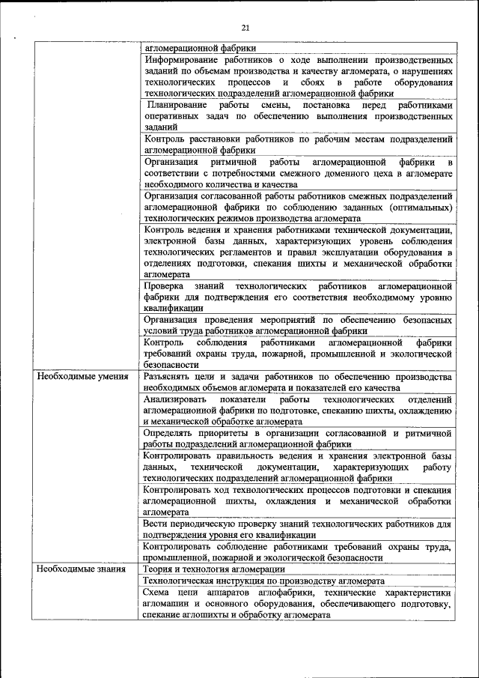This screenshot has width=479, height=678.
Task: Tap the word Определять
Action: (x=169, y=433)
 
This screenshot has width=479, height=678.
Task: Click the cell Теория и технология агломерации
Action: (x=209, y=569)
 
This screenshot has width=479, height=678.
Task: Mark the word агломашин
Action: (x=169, y=603)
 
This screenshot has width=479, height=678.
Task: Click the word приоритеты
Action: (x=227, y=433)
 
